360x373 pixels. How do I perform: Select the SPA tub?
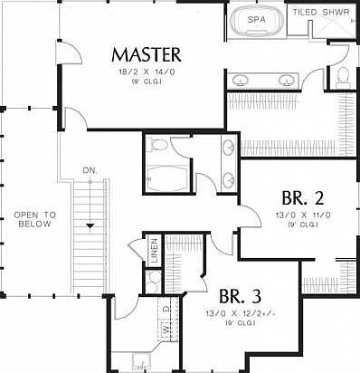(257, 19)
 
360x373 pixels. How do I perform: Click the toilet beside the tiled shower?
(343, 80)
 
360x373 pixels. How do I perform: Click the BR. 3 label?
(241, 297)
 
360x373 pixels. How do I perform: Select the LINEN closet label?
(154, 251)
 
